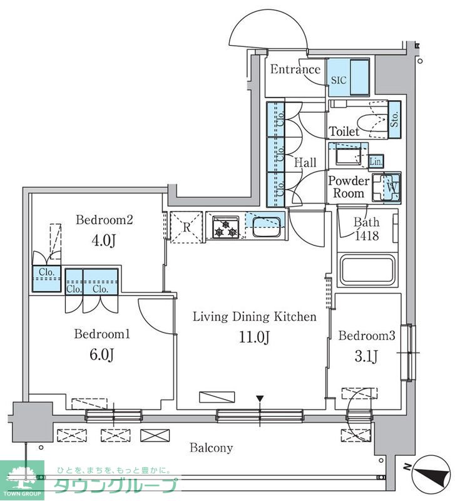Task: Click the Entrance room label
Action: click(x=295, y=70)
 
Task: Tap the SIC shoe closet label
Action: click(x=339, y=80)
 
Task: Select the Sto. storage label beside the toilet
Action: click(x=395, y=119)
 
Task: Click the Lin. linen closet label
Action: click(x=376, y=162)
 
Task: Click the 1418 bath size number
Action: click(x=367, y=236)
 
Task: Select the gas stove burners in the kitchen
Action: click(x=226, y=227)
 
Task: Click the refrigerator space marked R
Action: click(x=187, y=227)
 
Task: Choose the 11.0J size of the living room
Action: click(x=255, y=337)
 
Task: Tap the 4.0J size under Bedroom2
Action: click(x=103, y=240)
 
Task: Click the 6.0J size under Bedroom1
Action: click(x=102, y=354)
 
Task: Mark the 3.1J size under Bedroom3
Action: click(x=366, y=356)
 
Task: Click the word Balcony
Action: click(x=211, y=448)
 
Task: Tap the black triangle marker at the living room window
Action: click(x=260, y=399)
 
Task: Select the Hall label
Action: click(x=305, y=163)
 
